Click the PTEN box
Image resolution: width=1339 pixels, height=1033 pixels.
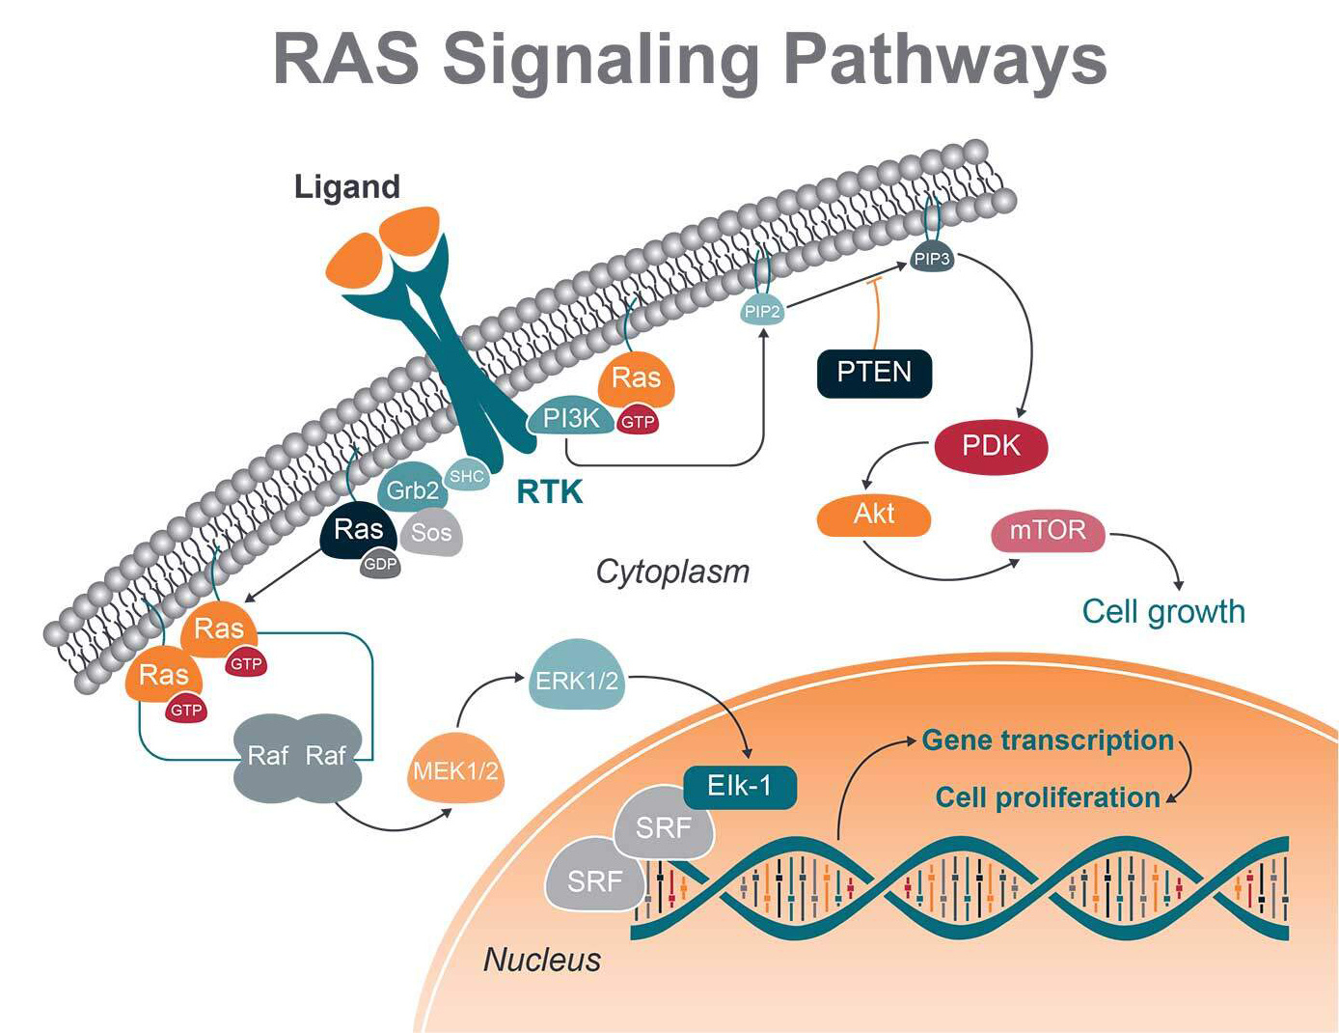click(x=874, y=373)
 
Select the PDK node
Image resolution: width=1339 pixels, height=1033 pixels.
click(x=991, y=446)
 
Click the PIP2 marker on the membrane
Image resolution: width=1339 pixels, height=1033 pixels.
click(x=762, y=311)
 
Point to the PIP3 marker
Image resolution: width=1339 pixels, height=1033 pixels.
click(x=932, y=259)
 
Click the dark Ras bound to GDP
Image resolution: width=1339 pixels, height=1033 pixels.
click(x=358, y=531)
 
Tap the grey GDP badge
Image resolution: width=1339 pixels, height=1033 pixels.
click(x=380, y=564)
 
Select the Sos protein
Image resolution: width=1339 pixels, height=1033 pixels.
click(x=431, y=533)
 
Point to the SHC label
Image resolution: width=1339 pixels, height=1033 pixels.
click(x=467, y=476)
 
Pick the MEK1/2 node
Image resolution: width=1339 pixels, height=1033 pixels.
click(x=455, y=771)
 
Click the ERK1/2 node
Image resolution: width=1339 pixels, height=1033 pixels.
click(x=577, y=681)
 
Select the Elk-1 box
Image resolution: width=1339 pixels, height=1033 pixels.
click(x=739, y=786)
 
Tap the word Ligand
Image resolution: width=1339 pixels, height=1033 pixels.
click(x=347, y=186)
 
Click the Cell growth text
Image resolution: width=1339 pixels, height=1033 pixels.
click(x=1163, y=611)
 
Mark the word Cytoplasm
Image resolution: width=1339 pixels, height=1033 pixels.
click(x=672, y=572)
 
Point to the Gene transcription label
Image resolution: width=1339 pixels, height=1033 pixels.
click(x=1048, y=740)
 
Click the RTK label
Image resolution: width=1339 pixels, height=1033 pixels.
click(x=550, y=491)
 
